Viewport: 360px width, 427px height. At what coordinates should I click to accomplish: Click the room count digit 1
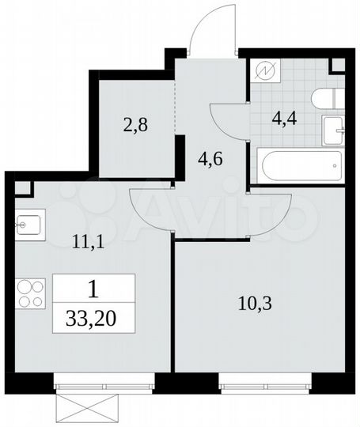pyautogui.click(x=94, y=291)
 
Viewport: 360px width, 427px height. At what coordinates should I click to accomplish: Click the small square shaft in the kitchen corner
pyautogui.click(x=22, y=189)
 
